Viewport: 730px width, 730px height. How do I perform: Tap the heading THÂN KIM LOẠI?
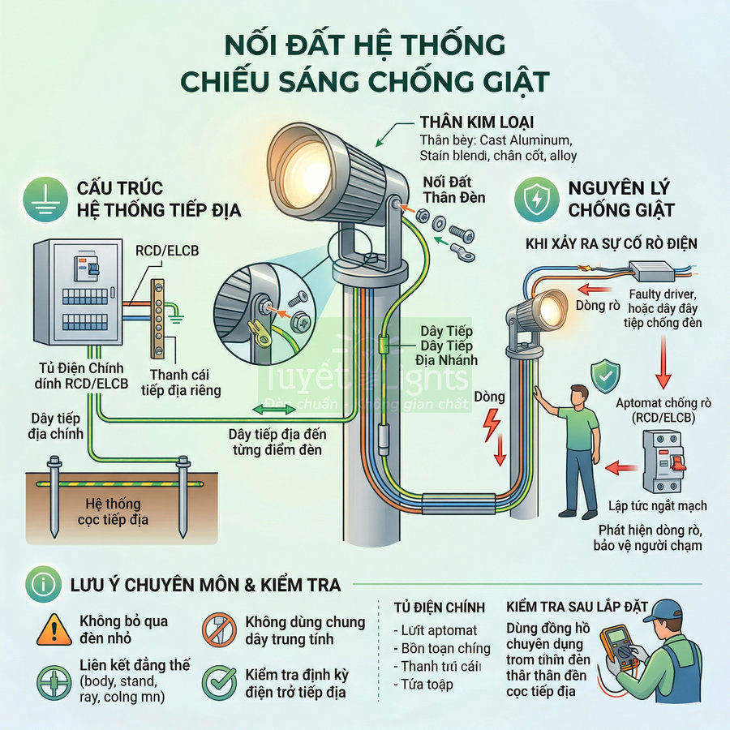tap(477, 122)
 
